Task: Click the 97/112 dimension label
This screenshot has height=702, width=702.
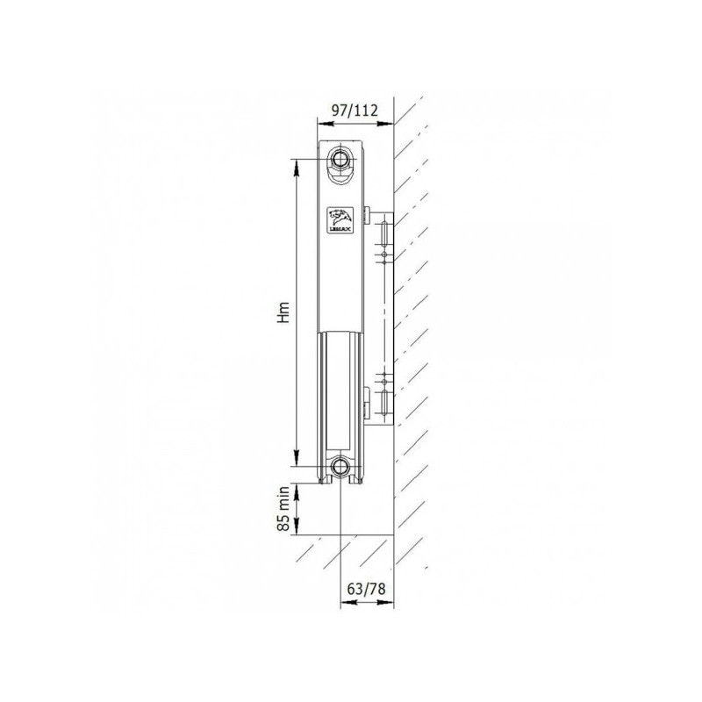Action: coord(354,110)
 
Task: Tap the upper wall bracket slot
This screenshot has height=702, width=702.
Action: coord(384,234)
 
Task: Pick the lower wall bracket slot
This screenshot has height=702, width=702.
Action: coord(384,404)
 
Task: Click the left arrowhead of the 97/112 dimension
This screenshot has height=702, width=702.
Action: coord(320,124)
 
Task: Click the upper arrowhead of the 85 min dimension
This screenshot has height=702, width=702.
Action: coord(297,489)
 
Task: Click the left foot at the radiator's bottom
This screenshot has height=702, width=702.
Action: coord(330,479)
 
